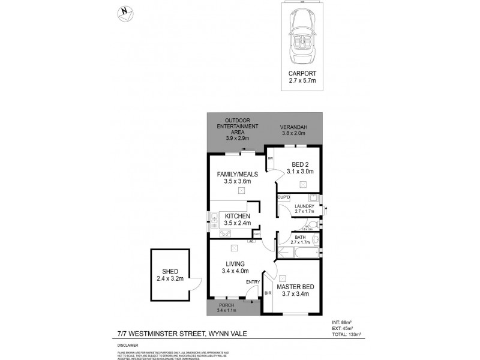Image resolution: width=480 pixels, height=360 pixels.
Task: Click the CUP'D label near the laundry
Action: (283, 197)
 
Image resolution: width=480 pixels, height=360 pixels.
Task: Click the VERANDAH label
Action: (295, 127)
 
